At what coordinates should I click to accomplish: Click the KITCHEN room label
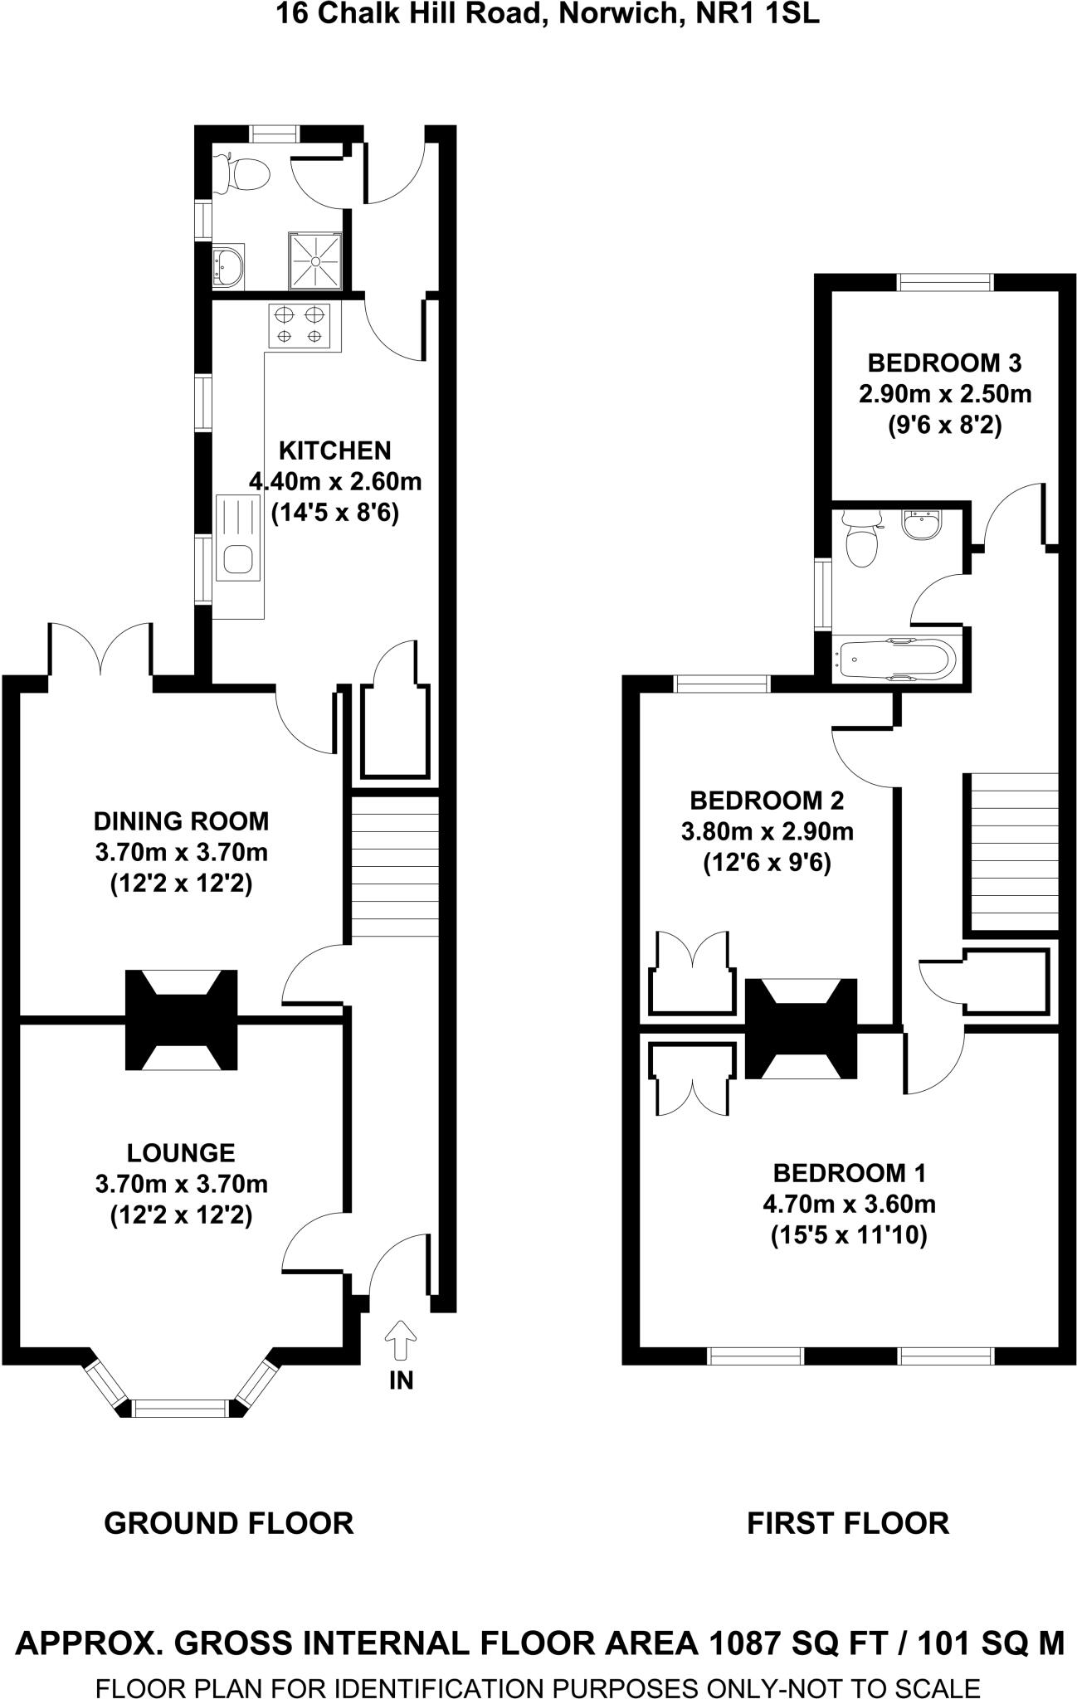(x=334, y=450)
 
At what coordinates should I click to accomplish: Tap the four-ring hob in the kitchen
(x=299, y=325)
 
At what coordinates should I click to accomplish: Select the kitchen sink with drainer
(x=238, y=537)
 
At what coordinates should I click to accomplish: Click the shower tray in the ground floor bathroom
(x=315, y=260)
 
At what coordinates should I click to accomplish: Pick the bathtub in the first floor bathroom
(x=896, y=660)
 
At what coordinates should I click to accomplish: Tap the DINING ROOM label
(x=181, y=821)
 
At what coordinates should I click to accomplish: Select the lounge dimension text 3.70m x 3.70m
(x=181, y=1184)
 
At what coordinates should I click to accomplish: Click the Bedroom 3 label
(x=944, y=363)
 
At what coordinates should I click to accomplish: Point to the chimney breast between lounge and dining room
(x=181, y=1019)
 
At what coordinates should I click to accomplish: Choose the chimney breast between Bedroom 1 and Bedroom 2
(x=801, y=1029)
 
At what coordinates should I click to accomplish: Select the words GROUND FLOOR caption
(x=229, y=1523)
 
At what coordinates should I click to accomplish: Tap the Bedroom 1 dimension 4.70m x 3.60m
(x=849, y=1204)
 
